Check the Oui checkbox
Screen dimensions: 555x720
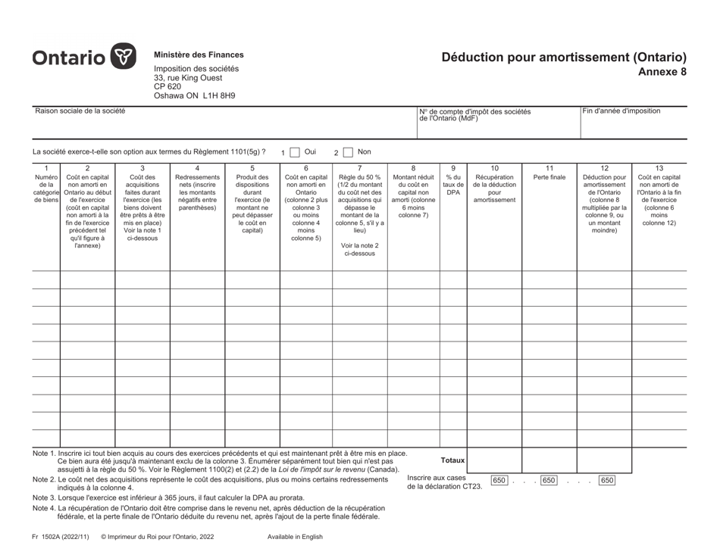click(295, 152)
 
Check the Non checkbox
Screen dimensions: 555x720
click(348, 152)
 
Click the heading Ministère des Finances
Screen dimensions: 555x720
click(199, 55)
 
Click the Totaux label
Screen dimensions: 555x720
click(452, 460)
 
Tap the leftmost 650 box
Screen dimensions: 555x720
click(499, 480)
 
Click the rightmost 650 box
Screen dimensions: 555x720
click(607, 480)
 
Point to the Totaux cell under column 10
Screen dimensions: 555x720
click(494, 459)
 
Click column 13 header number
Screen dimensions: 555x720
click(658, 168)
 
